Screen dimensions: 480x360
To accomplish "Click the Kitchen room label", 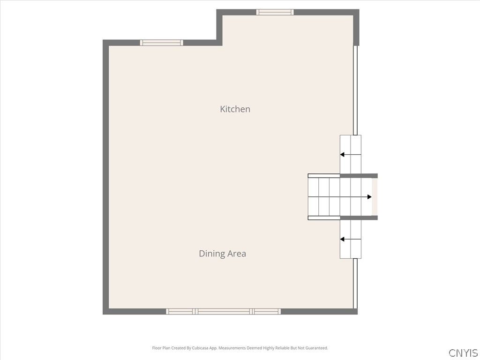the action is click(x=235, y=109).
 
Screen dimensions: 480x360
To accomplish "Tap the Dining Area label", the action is click(x=223, y=254).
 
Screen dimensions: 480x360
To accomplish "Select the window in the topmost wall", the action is click(x=275, y=12).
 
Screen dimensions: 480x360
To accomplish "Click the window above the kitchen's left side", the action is click(x=161, y=43).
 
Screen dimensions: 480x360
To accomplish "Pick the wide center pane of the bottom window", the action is click(x=224, y=312).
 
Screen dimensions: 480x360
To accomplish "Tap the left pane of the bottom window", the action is click(x=180, y=312).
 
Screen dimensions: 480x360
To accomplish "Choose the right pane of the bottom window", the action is click(x=266, y=312).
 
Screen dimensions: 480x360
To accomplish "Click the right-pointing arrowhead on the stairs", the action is click(x=369, y=197).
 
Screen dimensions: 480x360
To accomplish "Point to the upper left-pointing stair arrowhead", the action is click(x=342, y=155).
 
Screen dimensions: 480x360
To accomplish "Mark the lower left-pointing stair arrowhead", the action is click(x=342, y=239).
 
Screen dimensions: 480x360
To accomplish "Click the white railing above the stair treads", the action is click(x=324, y=176).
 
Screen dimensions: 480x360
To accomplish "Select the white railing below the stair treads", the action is click(x=324, y=218).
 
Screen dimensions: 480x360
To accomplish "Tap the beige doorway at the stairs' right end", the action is click(x=375, y=197).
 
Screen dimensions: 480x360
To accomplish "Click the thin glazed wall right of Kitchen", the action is click(x=355, y=90).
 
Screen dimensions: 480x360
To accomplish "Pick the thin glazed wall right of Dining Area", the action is click(x=355, y=284).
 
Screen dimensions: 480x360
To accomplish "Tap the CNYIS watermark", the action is click(x=463, y=353).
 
